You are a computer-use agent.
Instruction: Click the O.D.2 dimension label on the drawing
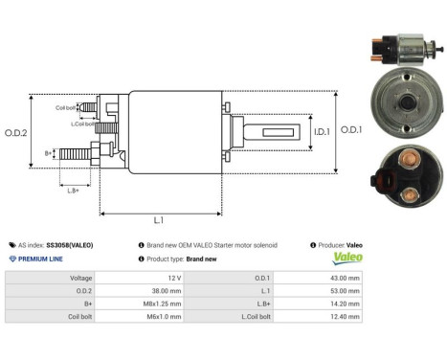13,145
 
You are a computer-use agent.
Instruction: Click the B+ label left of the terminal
48,152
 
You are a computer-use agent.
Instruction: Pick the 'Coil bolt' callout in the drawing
66,108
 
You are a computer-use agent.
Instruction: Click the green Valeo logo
342,258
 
